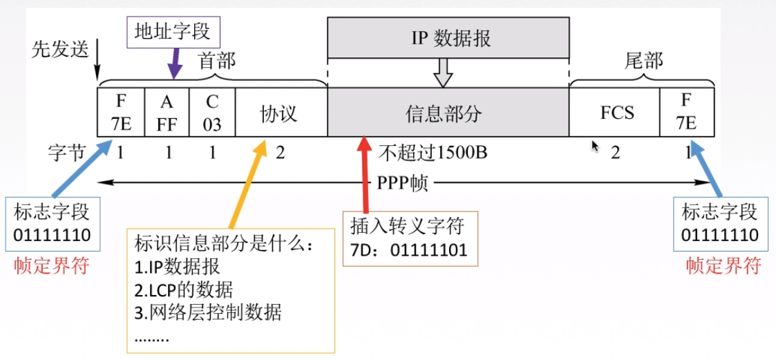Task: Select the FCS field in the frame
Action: (617, 113)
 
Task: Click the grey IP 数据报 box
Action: (448, 38)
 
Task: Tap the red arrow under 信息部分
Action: (364, 173)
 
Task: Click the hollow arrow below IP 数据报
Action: (442, 72)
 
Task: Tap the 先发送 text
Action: (60, 50)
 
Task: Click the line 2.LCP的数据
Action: (184, 290)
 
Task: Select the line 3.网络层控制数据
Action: (208, 312)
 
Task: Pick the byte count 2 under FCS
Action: (615, 153)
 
